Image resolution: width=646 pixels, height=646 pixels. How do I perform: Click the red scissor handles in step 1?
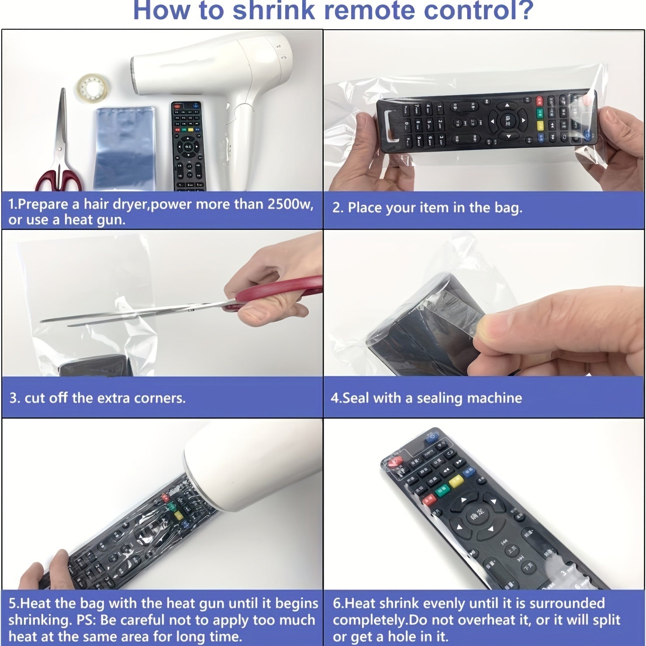pos(59,180)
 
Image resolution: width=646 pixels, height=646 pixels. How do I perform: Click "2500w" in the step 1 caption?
pos(290,204)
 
